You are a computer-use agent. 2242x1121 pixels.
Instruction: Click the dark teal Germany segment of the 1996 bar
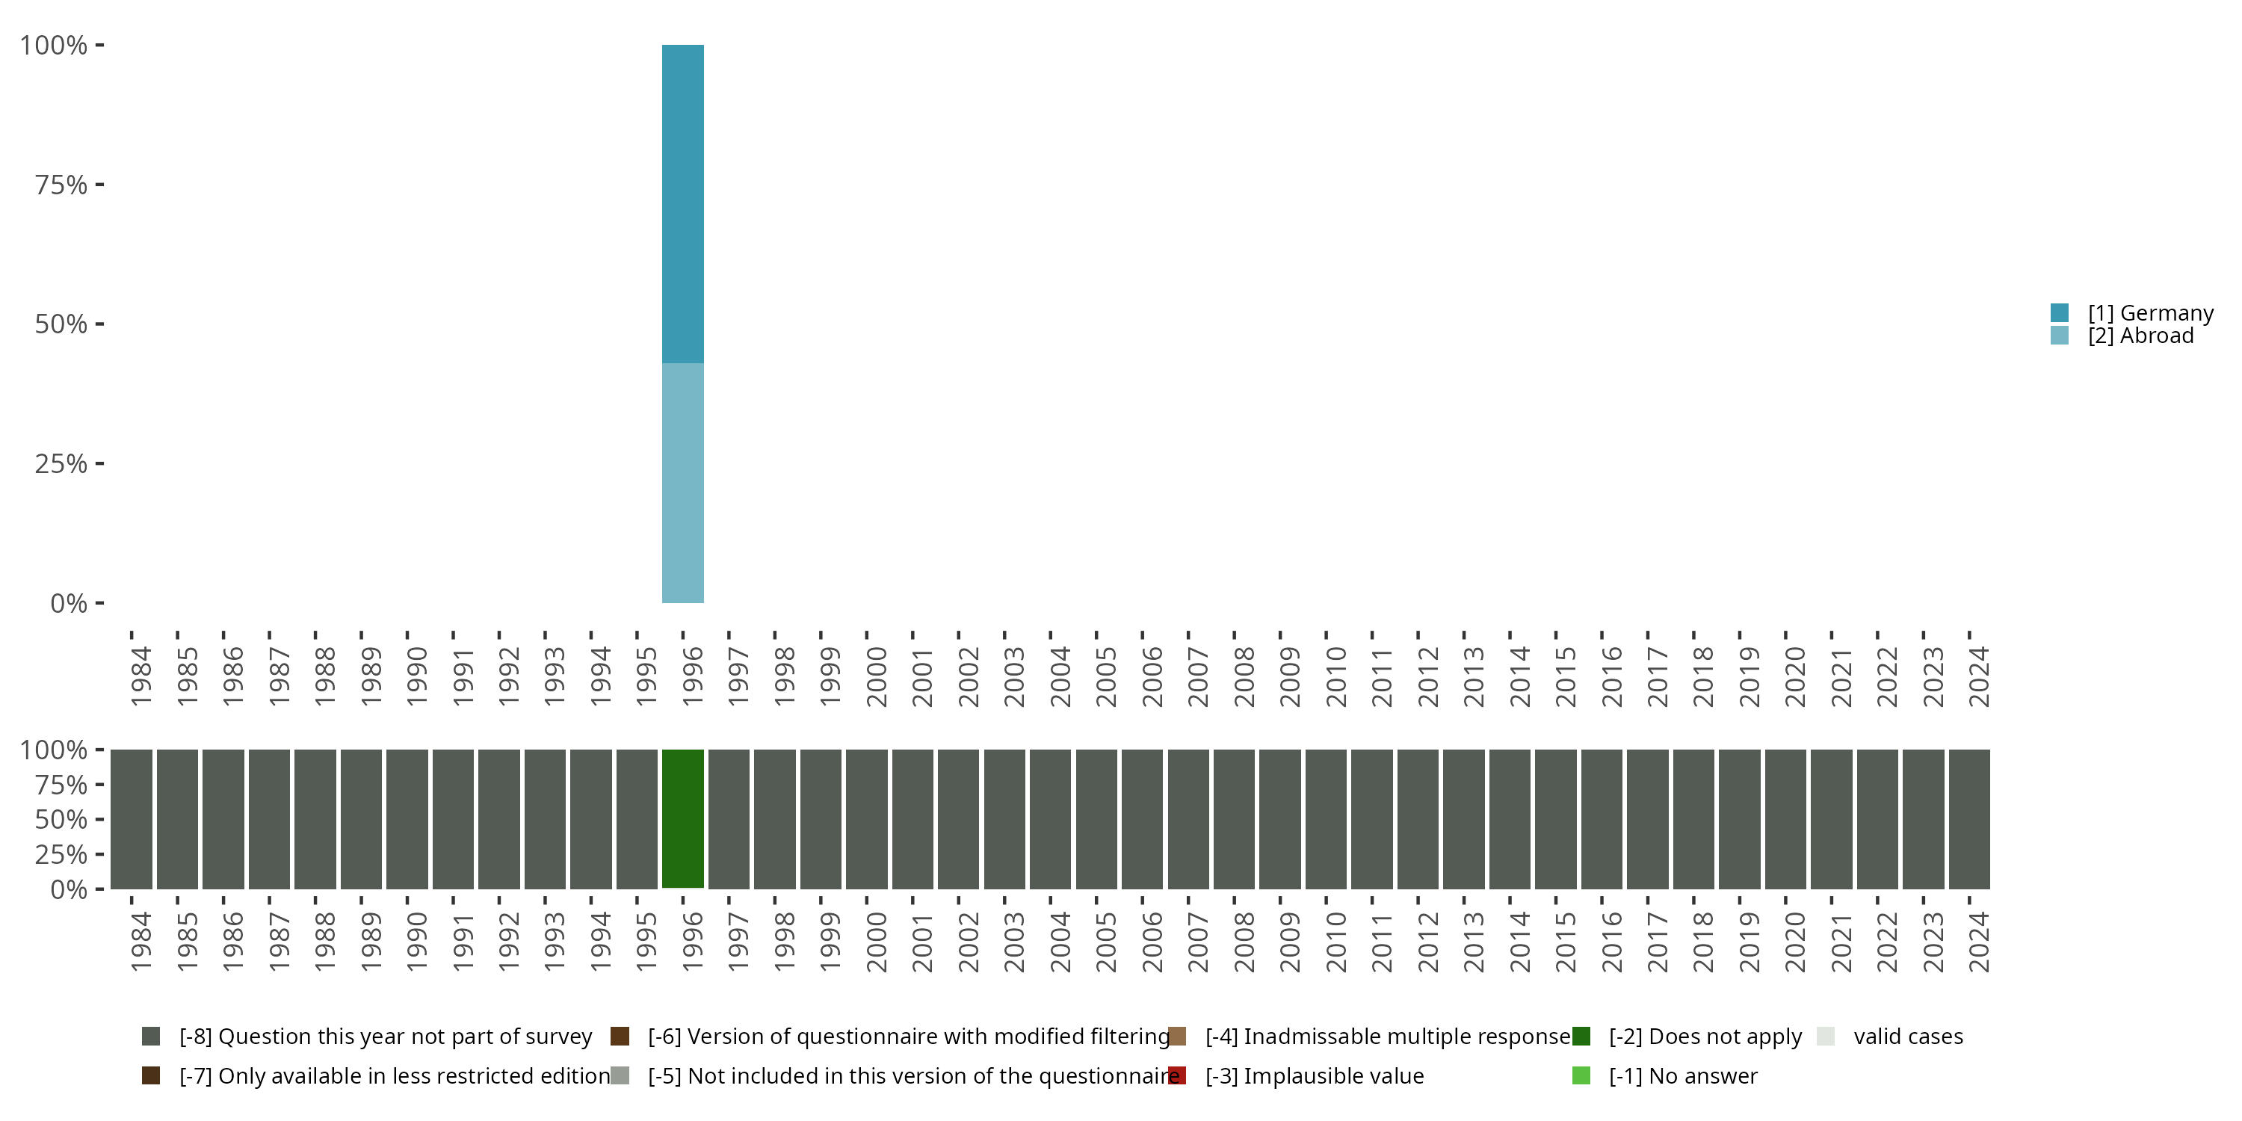tap(682, 204)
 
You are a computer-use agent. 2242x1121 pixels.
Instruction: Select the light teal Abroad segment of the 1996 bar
tap(682, 483)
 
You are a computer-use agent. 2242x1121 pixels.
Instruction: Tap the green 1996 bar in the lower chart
tap(682, 818)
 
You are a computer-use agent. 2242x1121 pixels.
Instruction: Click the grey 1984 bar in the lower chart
tap(132, 818)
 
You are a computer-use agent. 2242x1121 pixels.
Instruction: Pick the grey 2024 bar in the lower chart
tap(1968, 818)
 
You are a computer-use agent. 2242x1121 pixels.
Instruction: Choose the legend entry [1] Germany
tap(2150, 312)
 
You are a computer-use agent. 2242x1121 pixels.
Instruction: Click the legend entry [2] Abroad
tap(2140, 335)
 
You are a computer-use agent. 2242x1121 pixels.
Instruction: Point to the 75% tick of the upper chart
tap(61, 185)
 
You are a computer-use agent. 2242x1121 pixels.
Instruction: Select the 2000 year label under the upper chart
tap(877, 676)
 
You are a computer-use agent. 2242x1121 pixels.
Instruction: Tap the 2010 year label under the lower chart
tap(1336, 942)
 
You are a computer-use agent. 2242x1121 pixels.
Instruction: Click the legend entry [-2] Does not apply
tap(1704, 1036)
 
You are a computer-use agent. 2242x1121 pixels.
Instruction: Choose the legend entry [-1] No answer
tap(1682, 1075)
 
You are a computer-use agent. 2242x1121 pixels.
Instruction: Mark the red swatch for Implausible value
tap(1177, 1075)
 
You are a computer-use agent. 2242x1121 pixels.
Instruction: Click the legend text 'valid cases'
tap(1908, 1036)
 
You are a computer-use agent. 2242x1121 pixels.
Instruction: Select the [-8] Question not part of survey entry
tap(385, 1036)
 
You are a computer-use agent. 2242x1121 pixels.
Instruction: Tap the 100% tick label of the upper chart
tap(54, 46)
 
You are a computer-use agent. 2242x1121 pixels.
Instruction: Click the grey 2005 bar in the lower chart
tap(1096, 818)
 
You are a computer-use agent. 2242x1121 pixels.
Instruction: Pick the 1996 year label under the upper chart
tap(693, 676)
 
